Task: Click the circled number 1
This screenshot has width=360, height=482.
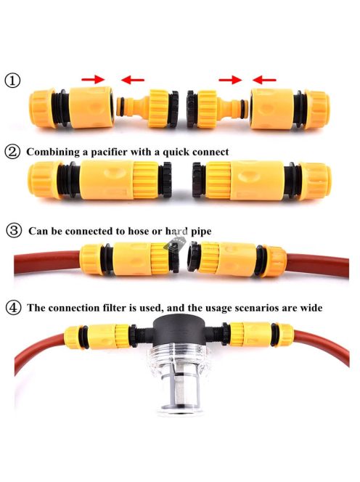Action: tap(12, 81)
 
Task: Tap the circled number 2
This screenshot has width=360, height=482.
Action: tap(12, 152)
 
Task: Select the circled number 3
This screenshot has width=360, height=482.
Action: tap(14, 231)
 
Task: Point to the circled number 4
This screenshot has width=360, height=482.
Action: tap(14, 307)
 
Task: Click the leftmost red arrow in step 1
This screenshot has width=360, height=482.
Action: tap(93, 79)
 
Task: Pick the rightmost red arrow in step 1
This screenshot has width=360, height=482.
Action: tap(264, 80)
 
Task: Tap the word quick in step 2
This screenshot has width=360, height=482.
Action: tap(176, 152)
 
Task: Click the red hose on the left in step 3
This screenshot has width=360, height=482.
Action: tap(46, 262)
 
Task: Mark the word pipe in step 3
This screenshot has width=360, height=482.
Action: tap(201, 232)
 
